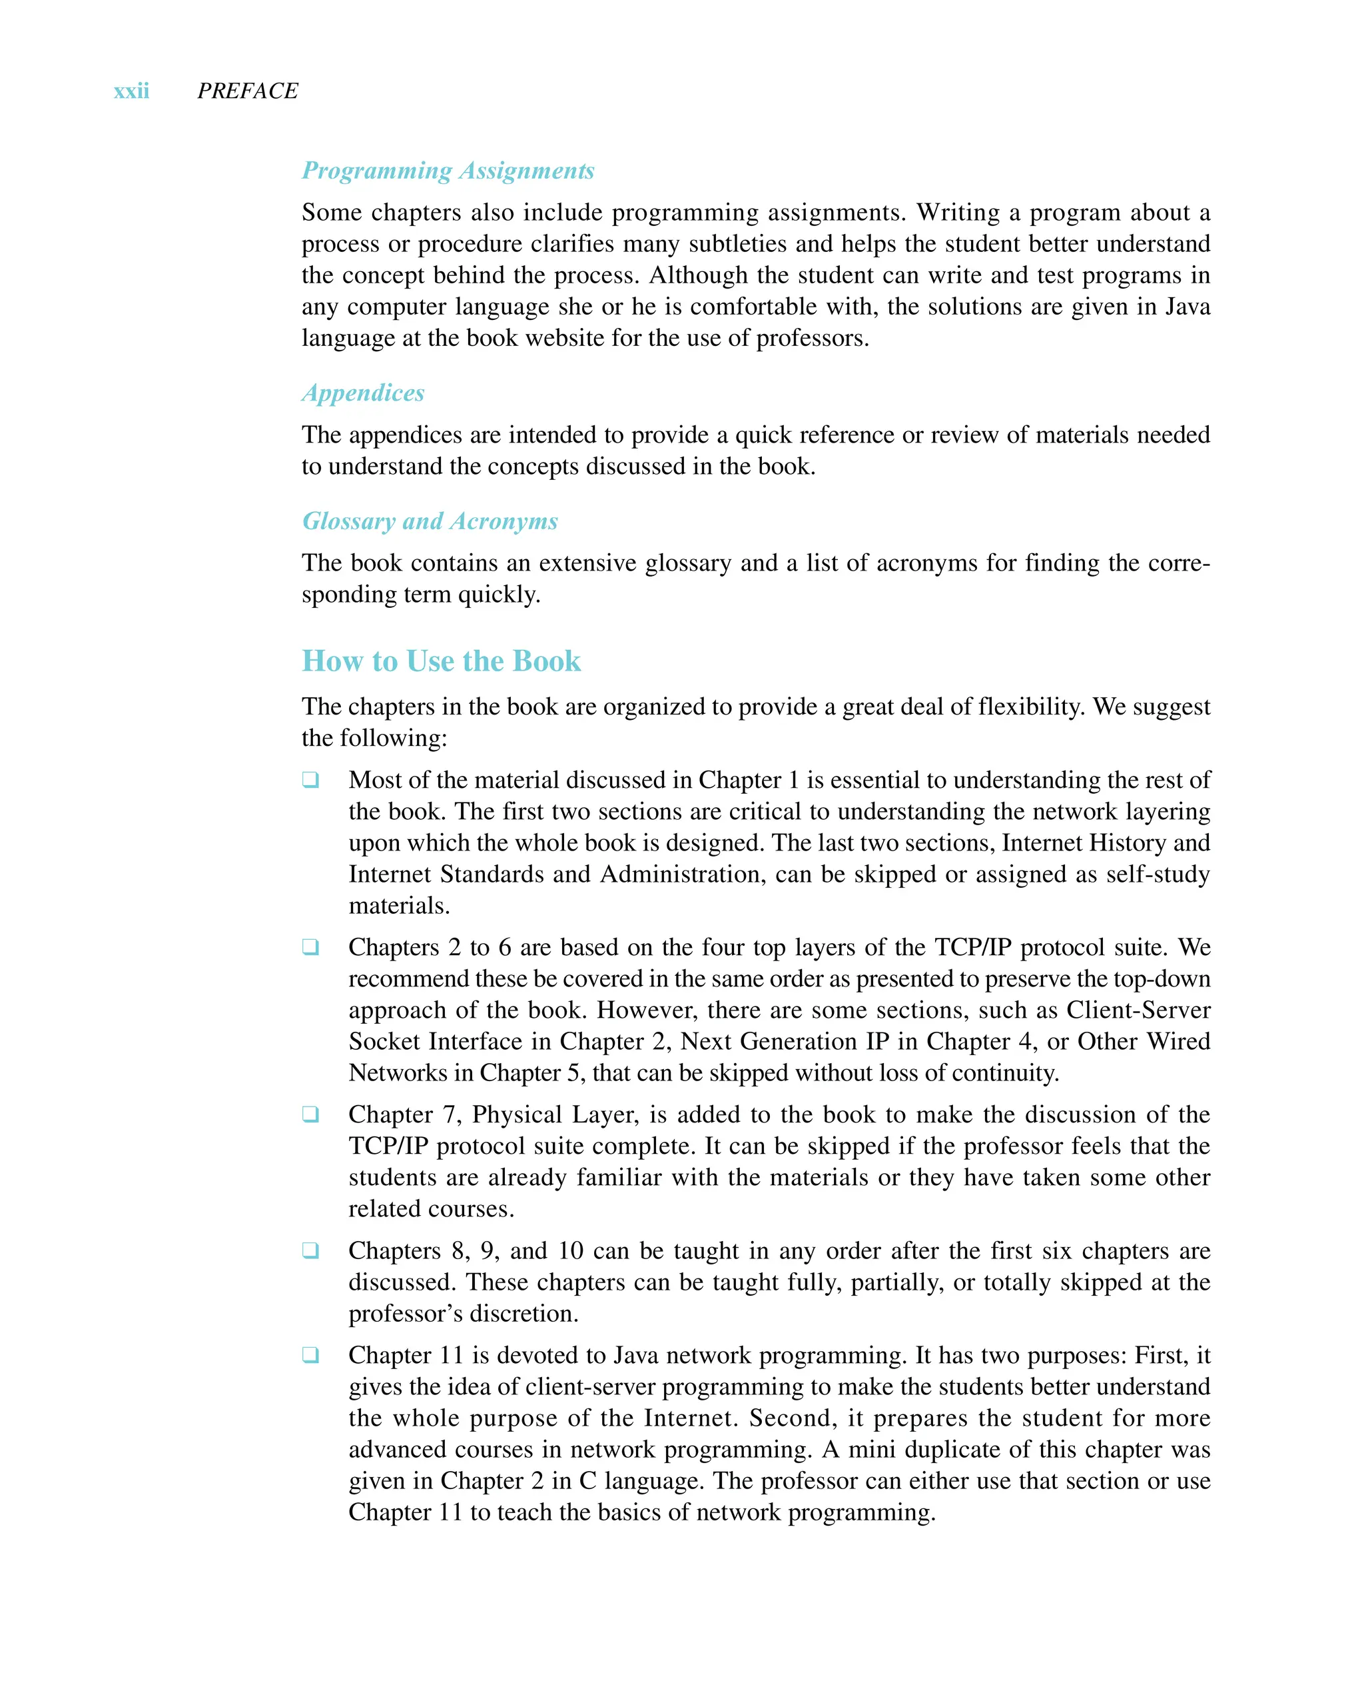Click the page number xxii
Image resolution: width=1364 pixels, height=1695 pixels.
[x=131, y=91]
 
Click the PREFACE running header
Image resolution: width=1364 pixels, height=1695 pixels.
[x=248, y=91]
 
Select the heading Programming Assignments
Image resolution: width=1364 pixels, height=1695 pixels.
[x=448, y=171]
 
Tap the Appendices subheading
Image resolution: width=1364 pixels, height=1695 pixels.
[x=363, y=393]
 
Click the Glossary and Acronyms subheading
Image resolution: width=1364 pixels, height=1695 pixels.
[x=430, y=521]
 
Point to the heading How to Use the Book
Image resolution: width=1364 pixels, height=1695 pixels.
[x=441, y=661]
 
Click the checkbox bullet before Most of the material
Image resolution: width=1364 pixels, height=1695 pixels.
[x=311, y=780]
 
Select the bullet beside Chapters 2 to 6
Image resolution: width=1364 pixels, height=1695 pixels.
[x=311, y=947]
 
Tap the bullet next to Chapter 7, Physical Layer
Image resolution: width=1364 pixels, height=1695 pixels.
[x=311, y=1115]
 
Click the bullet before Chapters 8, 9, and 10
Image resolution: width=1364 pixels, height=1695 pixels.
[x=311, y=1251]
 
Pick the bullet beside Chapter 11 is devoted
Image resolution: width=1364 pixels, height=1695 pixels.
[x=311, y=1355]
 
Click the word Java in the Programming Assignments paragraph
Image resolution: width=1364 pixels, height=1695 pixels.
[x=1188, y=307]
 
